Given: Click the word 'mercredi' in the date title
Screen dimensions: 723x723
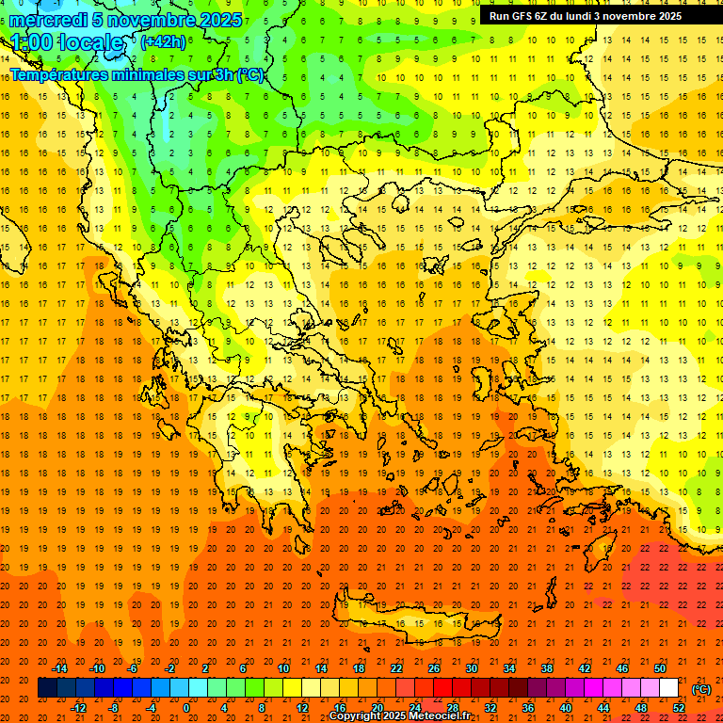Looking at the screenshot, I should coord(48,20).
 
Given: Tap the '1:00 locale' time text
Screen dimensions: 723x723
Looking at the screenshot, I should coord(67,42).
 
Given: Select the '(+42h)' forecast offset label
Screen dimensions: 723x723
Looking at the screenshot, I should coord(163,42).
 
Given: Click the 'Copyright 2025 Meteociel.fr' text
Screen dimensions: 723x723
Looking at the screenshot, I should coord(399,716).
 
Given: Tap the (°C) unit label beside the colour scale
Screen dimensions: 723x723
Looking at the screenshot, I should coord(701,689).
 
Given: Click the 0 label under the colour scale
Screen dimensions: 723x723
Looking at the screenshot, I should coord(186,708).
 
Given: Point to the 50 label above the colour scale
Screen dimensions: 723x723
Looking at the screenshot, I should coord(660,668).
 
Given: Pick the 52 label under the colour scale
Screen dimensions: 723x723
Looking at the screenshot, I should coord(679,708).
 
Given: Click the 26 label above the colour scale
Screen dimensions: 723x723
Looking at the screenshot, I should coord(434,668).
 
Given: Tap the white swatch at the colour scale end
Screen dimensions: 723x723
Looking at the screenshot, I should coord(669,688).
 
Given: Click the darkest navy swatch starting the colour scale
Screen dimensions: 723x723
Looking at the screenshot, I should coord(47,688).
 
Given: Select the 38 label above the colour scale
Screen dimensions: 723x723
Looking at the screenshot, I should coord(547,668).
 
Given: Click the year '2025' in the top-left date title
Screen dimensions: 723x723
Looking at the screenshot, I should coord(219,20).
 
